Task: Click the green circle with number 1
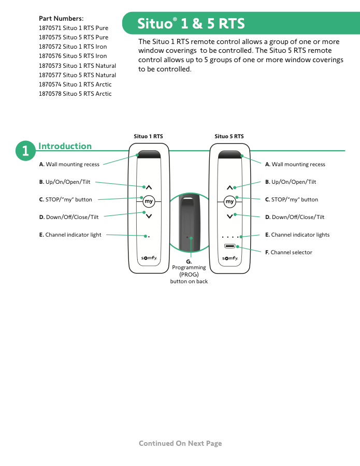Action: pos(25,151)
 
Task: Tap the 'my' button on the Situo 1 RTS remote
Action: pos(149,201)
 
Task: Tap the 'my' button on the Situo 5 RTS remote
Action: pos(229,201)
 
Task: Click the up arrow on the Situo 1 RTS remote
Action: pos(149,187)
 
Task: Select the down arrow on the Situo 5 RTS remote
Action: pos(230,216)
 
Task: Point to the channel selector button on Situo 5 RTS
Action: pos(230,246)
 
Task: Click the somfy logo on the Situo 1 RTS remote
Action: pos(149,258)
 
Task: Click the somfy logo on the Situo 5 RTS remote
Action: pos(230,258)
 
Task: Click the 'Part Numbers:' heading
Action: pos(61,19)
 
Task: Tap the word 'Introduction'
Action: pos(65,146)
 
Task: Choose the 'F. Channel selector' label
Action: pos(289,252)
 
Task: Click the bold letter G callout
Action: pos(189,262)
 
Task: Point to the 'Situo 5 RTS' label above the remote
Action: pos(229,136)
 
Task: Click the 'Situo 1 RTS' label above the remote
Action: pos(148,136)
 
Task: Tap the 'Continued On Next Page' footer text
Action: pos(180,443)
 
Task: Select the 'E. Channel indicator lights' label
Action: pos(297,235)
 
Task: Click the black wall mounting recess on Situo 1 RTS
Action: pos(149,154)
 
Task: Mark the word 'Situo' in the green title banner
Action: pos(155,23)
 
